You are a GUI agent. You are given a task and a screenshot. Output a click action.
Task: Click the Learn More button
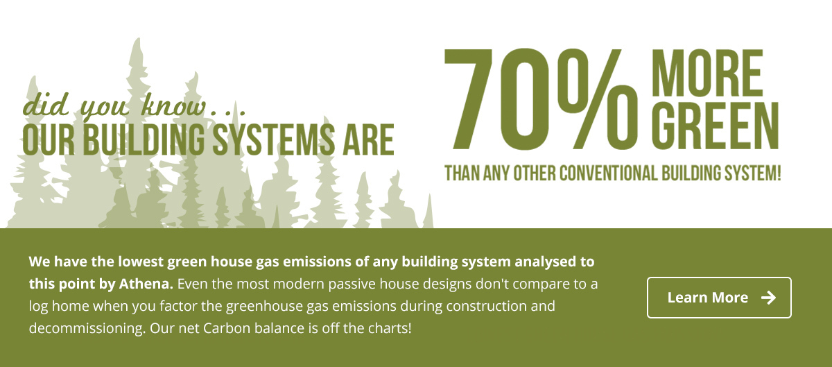[719, 298]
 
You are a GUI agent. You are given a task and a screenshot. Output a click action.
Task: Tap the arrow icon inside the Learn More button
[768, 298]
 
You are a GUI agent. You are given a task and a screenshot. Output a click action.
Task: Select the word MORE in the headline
[708, 73]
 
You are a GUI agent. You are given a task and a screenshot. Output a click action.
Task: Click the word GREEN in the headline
[716, 126]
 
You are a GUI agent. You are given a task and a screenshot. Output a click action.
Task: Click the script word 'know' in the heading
[173, 105]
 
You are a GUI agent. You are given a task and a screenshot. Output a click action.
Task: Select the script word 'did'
[46, 105]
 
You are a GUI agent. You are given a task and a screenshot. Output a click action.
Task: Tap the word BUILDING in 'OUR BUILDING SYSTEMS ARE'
[144, 140]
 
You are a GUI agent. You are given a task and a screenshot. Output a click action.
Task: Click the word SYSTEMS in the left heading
[273, 140]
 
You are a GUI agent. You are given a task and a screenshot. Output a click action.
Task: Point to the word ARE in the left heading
[368, 140]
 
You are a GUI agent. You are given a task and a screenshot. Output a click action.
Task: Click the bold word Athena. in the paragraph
[146, 284]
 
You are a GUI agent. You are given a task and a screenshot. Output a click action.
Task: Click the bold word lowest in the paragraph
[141, 262]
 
